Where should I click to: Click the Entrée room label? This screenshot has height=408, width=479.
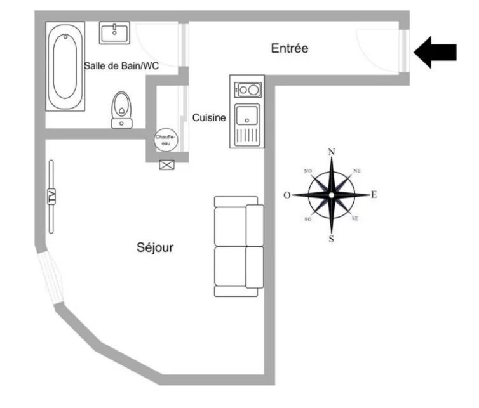click(x=290, y=48)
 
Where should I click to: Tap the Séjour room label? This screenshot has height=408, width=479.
click(x=155, y=247)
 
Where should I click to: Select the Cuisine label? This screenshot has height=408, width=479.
click(x=209, y=117)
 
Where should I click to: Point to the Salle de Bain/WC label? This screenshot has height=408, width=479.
click(x=121, y=65)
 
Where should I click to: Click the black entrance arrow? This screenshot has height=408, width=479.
click(x=435, y=52)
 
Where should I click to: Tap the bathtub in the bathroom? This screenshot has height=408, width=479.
click(x=65, y=66)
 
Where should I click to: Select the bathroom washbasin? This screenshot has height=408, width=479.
click(x=114, y=32)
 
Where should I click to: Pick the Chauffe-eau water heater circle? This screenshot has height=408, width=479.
click(x=166, y=140)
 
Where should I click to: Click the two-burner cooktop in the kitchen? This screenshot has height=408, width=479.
click(x=248, y=89)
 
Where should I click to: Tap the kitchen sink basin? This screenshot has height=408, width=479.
click(x=247, y=115)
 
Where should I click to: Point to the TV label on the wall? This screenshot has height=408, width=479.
click(x=51, y=196)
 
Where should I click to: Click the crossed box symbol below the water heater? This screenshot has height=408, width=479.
click(x=167, y=165)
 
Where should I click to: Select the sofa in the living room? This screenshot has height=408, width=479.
click(x=239, y=247)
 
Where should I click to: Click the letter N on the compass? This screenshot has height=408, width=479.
click(x=332, y=152)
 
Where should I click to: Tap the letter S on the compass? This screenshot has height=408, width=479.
click(x=332, y=239)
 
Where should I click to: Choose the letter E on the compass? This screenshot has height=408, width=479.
click(x=374, y=194)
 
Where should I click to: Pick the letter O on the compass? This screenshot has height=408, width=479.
click(x=287, y=195)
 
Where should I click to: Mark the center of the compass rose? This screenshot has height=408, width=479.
click(x=332, y=195)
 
